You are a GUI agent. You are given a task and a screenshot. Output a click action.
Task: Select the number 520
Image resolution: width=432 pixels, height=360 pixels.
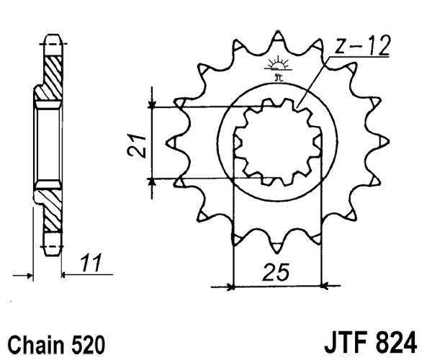(88, 341)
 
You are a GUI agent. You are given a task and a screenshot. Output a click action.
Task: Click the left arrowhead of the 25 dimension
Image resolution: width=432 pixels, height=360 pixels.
(230, 287)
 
